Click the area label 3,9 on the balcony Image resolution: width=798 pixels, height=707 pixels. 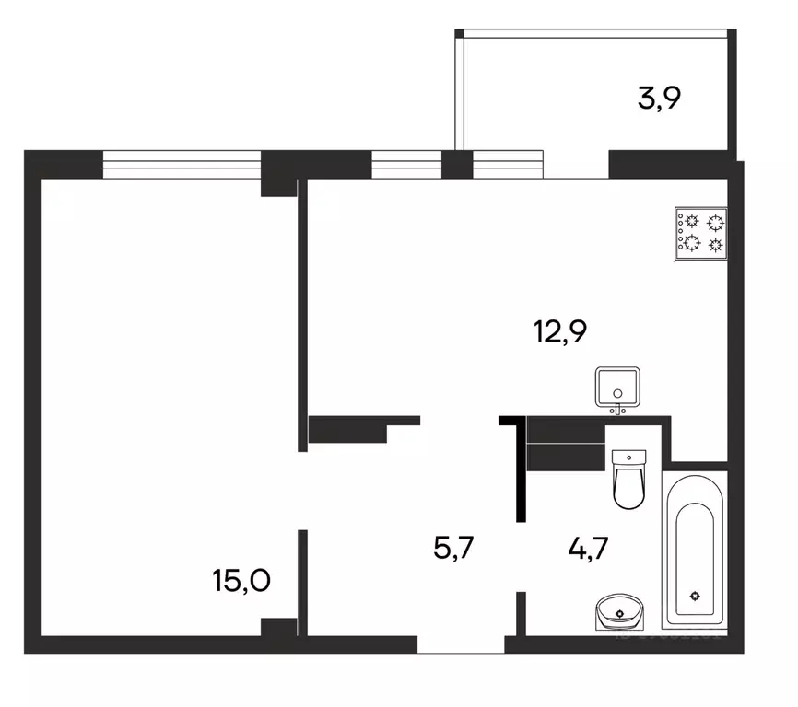click(659, 98)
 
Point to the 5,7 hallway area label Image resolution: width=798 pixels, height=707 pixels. click(454, 549)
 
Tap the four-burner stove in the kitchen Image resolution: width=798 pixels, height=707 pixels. click(701, 232)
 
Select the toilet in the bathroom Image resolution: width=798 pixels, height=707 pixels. click(630, 480)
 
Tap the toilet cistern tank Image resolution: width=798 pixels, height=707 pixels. click(630, 457)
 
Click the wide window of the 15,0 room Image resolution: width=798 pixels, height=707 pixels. click(182, 164)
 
